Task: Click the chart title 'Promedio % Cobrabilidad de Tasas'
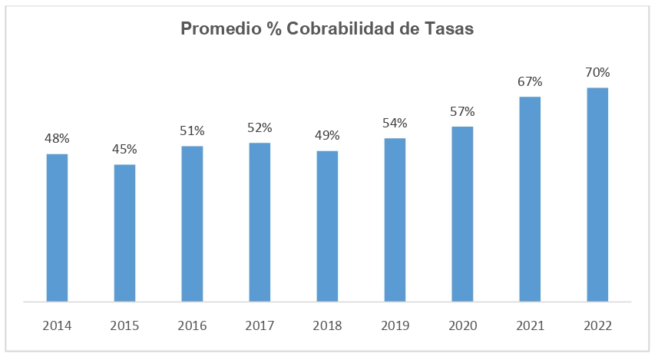(327, 28)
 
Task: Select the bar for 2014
(57, 228)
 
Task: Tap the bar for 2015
(124, 233)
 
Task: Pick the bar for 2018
(327, 226)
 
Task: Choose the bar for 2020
(462, 214)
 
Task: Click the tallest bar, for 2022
(597, 195)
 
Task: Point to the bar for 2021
(530, 200)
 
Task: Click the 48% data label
(57, 138)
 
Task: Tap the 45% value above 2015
(124, 149)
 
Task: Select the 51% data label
(192, 131)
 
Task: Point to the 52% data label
(260, 127)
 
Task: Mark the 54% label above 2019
(395, 123)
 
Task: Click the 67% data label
(530, 81)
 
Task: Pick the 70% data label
(597, 73)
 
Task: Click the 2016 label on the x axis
(192, 325)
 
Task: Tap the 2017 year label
(260, 325)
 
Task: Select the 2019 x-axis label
(395, 325)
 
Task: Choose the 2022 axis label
(597, 325)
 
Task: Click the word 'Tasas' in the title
(449, 28)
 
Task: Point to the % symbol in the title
(274, 28)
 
